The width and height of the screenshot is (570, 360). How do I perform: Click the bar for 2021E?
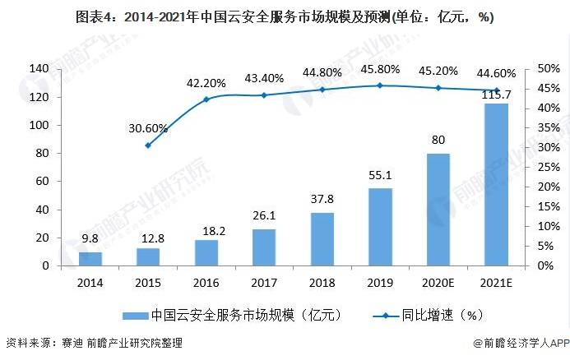496,185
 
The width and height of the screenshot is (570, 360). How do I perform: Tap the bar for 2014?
90,259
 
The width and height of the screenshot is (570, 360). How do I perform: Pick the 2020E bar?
438,210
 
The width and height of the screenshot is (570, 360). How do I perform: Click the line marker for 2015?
148,145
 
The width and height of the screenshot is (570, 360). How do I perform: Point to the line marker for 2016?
206,99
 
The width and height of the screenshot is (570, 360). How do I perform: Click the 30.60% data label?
148,128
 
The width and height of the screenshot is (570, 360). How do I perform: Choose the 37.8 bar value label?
322,200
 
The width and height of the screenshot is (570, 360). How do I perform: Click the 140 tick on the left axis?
39,69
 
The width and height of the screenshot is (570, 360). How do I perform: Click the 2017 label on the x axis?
264,284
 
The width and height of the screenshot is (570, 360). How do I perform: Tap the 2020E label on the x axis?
438,284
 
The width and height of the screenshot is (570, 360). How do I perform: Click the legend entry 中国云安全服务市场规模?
230,315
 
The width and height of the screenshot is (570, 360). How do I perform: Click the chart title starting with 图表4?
285,17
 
